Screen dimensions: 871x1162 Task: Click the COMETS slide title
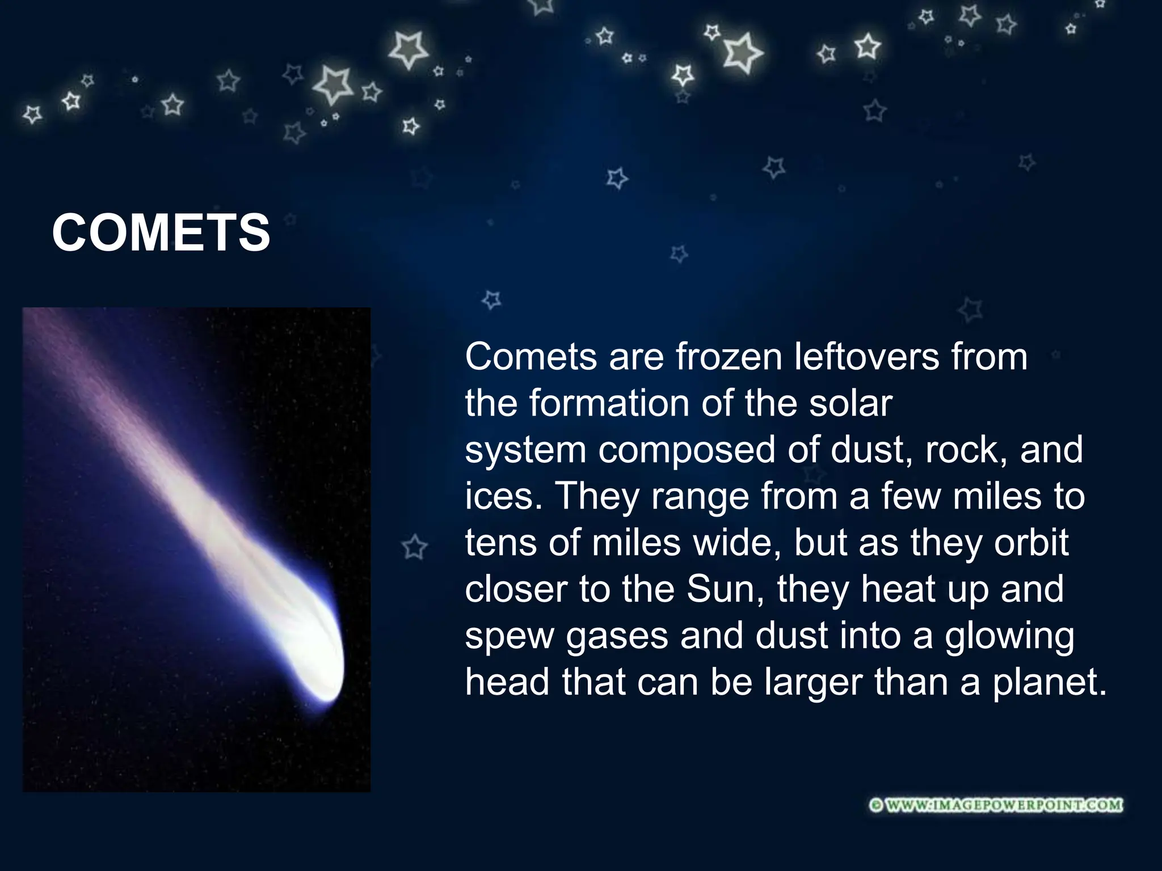point(161,233)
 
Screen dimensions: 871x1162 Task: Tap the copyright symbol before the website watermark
point(876,805)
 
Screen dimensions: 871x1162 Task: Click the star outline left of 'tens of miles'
point(414,547)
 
